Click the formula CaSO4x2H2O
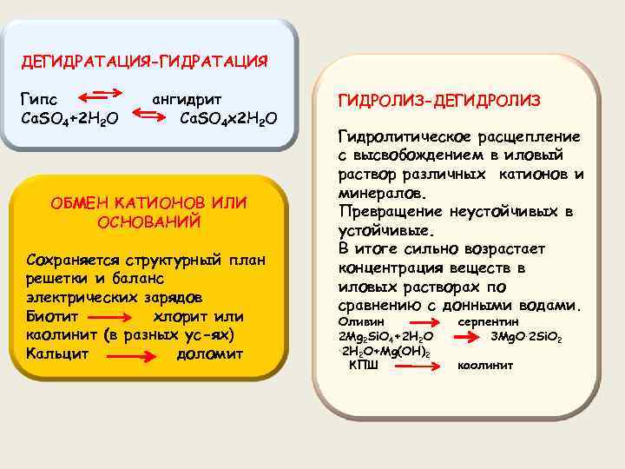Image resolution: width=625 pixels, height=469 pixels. point(228,117)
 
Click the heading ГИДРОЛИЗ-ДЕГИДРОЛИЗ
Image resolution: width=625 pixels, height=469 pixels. point(439,101)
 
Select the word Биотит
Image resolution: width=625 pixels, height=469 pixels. point(53,316)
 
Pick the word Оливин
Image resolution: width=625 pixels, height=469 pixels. point(358,321)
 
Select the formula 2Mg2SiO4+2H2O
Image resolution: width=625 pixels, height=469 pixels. point(385,336)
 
